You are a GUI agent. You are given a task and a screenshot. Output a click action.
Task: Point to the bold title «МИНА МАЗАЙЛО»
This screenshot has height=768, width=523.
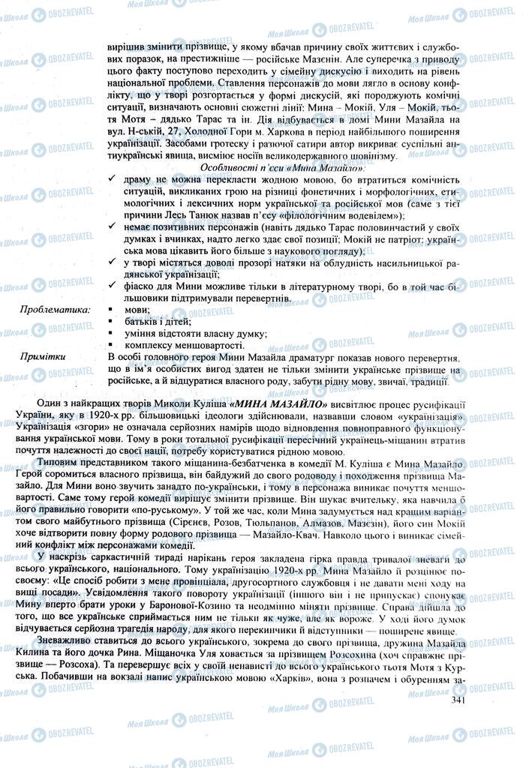273,403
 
